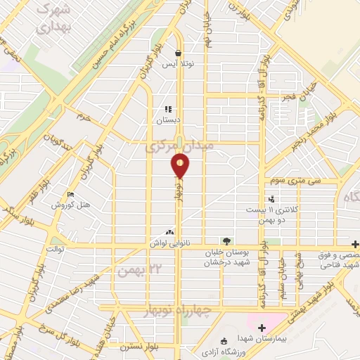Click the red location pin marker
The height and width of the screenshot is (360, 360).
click(x=181, y=166)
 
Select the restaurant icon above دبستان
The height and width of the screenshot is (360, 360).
click(x=168, y=109)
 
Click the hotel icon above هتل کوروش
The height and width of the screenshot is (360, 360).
click(x=70, y=194)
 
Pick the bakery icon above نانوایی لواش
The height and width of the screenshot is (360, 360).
click(x=169, y=232)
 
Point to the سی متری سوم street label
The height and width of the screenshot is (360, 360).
click(x=285, y=181)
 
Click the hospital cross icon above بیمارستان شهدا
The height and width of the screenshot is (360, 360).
click(x=262, y=328)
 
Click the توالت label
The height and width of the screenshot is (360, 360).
click(x=56, y=249)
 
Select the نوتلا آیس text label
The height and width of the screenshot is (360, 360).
click(x=179, y=64)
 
